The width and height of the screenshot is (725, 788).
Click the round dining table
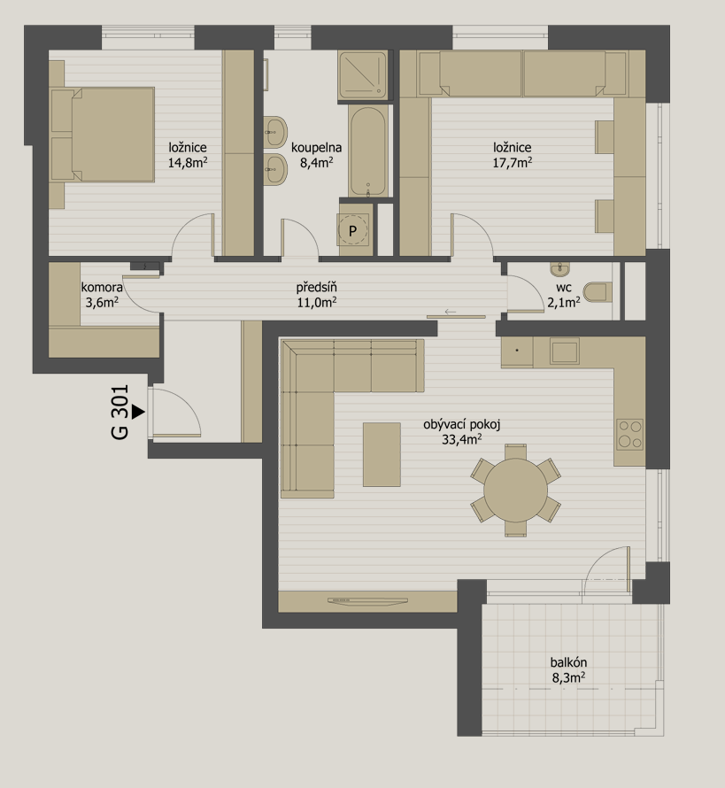click(x=515, y=490)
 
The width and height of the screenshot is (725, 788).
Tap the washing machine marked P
click(x=352, y=231)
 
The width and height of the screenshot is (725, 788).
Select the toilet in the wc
click(x=598, y=292)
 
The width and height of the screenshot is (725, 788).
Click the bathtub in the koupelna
click(x=368, y=151)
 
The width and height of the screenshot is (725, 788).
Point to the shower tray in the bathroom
click(x=363, y=75)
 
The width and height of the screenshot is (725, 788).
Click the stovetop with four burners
click(x=630, y=434)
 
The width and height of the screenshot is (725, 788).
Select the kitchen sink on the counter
click(x=565, y=351)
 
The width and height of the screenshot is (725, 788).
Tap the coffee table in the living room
click(x=382, y=454)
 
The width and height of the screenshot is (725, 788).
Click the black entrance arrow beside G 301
click(x=138, y=413)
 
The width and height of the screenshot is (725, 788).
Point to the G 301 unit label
click(x=120, y=413)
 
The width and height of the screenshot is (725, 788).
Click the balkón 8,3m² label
click(x=568, y=670)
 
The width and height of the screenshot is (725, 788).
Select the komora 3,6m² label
click(x=102, y=295)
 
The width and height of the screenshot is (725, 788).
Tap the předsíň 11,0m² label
click(x=317, y=295)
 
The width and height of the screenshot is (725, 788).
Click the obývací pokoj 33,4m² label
click(x=462, y=432)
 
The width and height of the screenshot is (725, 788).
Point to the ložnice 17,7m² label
click(x=513, y=155)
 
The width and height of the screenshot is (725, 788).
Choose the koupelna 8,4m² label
click(x=317, y=155)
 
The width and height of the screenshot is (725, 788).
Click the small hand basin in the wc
click(x=559, y=269)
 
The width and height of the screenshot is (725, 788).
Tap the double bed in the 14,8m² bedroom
click(x=103, y=135)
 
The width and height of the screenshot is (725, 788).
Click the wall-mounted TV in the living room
click(x=367, y=600)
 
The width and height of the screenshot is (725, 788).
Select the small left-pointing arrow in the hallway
click(x=451, y=312)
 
